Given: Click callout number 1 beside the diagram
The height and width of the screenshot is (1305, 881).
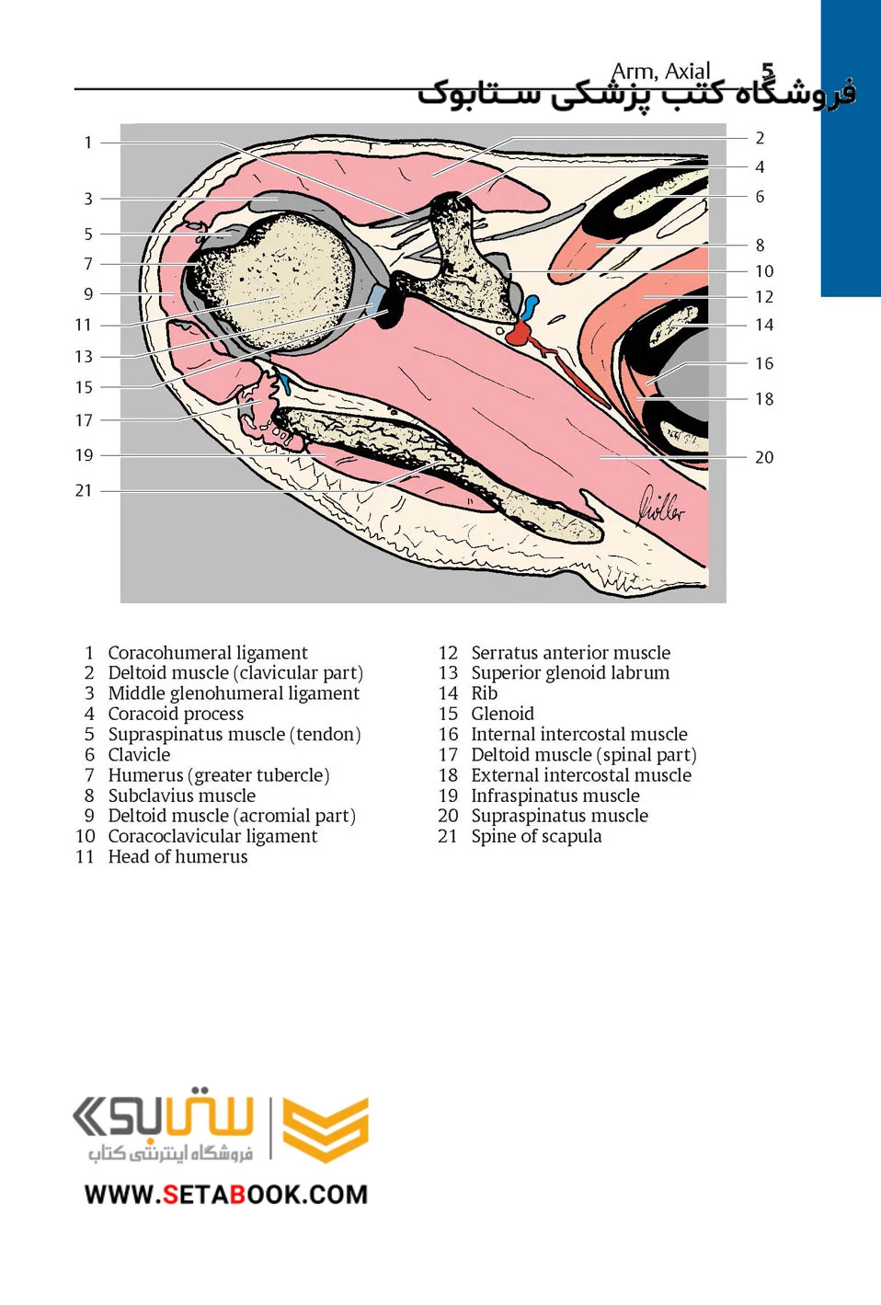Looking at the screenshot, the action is click(x=88, y=143).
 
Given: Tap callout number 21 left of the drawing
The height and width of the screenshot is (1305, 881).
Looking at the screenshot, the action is click(x=84, y=490).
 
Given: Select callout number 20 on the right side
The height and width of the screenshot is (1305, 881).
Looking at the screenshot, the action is click(x=764, y=457).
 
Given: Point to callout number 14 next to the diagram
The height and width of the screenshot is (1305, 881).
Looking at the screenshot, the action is click(x=764, y=325).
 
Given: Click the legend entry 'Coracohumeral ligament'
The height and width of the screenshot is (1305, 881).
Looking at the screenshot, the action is click(x=208, y=653).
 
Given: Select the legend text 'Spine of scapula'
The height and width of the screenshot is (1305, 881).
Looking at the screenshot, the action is click(x=537, y=836).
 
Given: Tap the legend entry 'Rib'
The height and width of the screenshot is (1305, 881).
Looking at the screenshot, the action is click(x=485, y=693).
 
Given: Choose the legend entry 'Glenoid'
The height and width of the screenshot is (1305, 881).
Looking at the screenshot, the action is click(x=503, y=714).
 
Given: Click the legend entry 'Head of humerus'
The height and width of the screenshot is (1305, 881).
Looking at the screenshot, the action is click(x=177, y=856).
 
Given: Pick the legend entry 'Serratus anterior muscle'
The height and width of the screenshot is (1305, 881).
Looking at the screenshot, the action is click(x=571, y=653).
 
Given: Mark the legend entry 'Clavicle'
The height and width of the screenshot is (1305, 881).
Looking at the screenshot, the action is click(x=139, y=754).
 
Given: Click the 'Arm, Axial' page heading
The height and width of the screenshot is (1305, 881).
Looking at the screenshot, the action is click(x=660, y=72).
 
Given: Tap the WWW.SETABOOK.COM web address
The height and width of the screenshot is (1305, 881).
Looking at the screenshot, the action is click(x=226, y=1195).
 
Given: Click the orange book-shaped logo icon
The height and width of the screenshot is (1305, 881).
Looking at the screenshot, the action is click(x=326, y=1129).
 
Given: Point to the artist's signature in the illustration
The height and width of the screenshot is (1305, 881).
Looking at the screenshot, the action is click(x=661, y=506).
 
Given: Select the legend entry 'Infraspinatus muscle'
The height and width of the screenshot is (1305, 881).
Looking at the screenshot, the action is click(x=555, y=796).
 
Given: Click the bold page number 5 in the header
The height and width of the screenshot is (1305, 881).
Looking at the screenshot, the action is click(x=768, y=71).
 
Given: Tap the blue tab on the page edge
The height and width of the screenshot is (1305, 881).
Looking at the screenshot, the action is click(x=851, y=149).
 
